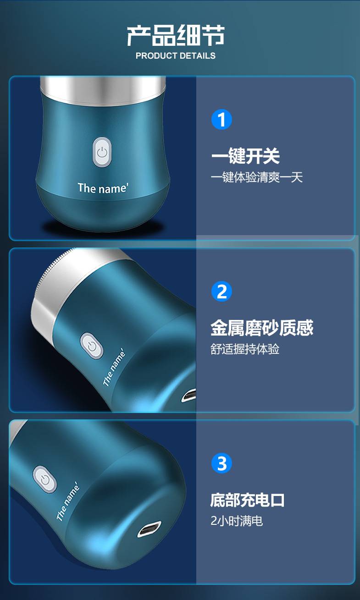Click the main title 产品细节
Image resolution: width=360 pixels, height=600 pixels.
(176, 35)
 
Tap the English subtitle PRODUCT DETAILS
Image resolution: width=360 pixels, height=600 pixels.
(176, 56)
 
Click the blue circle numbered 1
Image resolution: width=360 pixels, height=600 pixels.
(222, 120)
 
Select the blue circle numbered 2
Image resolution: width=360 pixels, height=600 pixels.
(222, 292)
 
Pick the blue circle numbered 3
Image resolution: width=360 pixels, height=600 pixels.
(222, 463)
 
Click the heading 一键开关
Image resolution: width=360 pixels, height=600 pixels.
(245, 156)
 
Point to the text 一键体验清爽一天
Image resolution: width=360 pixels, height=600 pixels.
(257, 177)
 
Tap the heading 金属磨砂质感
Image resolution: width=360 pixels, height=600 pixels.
(262, 328)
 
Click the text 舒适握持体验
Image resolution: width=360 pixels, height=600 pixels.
(245, 349)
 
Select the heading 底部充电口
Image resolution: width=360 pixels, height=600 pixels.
(247, 500)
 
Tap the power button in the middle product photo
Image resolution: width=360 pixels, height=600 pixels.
(92, 346)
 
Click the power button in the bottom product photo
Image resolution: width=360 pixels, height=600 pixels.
(45, 479)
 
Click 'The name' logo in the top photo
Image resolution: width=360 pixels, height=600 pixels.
(103, 188)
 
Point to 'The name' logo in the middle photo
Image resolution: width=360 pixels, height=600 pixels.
(114, 368)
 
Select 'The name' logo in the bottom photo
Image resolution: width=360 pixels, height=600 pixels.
(68, 501)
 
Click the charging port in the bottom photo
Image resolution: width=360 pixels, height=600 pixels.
(150, 529)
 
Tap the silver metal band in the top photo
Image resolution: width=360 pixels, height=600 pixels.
(103, 90)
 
